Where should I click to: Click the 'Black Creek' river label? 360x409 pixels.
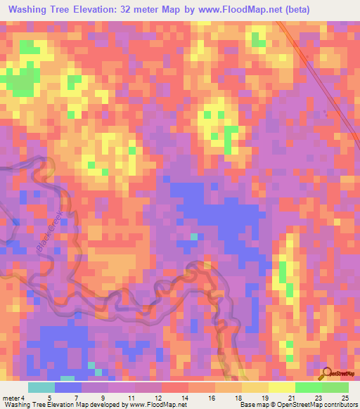coord(49,228)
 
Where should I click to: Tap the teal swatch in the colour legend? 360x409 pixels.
coord(41,387)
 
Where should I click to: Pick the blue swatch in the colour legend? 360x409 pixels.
coord(68,387)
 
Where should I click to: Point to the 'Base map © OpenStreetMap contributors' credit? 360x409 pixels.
coord(297,405)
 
